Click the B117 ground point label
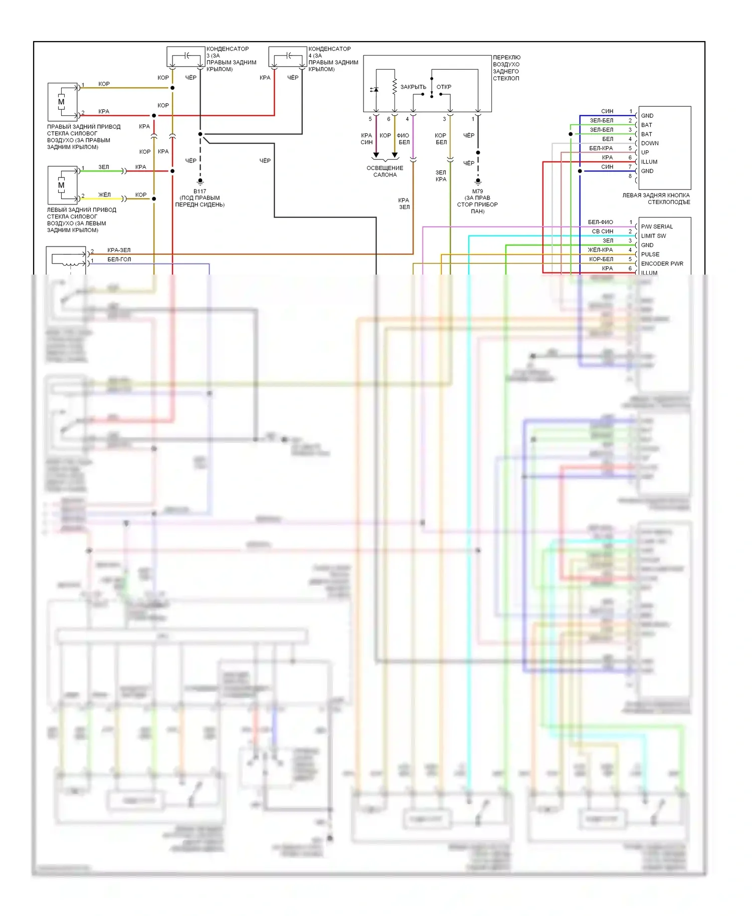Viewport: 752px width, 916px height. click(x=200, y=191)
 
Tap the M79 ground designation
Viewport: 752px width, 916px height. click(x=477, y=191)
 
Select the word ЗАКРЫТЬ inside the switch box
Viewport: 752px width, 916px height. click(x=413, y=87)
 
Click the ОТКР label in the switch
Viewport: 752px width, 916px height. click(x=444, y=87)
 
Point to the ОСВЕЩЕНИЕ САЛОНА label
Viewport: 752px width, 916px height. click(x=385, y=171)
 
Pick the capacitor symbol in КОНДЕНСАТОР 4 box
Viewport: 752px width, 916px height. click(x=289, y=55)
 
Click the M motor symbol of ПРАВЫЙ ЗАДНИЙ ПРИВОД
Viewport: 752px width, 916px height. click(x=61, y=102)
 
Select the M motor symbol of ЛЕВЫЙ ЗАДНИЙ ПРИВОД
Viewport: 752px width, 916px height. click(x=61, y=185)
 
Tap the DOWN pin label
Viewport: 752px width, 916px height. click(x=650, y=143)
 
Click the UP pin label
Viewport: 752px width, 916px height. click(x=645, y=152)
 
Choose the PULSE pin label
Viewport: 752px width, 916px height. click(x=650, y=255)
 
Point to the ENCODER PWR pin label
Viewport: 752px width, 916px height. click(x=662, y=264)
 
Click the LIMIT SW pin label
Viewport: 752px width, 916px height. click(x=653, y=236)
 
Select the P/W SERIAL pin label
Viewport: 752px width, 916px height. click(x=657, y=226)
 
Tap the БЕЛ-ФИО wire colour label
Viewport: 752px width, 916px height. click(x=600, y=222)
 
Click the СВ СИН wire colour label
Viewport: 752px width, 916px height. click(x=602, y=232)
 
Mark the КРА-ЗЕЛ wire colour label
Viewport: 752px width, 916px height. click(x=119, y=250)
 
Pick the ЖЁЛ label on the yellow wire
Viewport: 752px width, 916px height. click(x=104, y=195)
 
